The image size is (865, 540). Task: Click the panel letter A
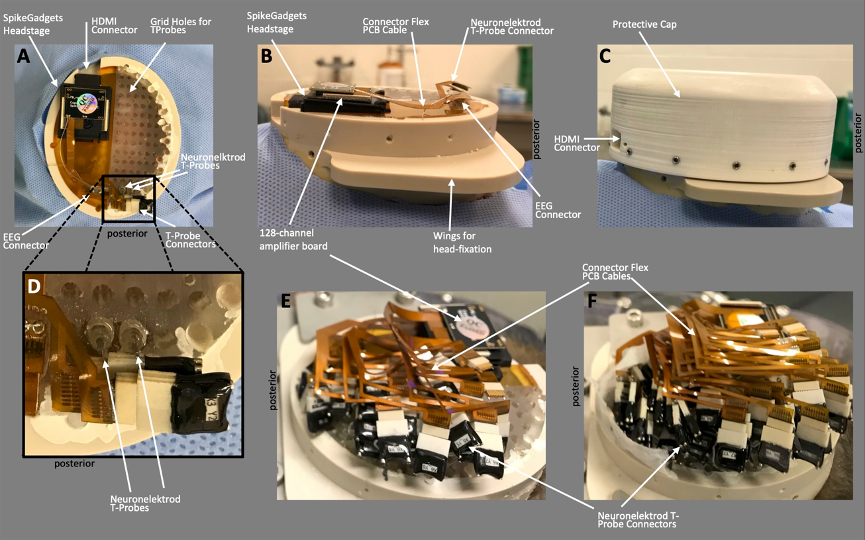23,56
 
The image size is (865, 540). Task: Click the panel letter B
266,56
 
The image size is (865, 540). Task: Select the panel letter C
605,56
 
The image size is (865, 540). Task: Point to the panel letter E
286,301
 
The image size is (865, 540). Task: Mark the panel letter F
593,301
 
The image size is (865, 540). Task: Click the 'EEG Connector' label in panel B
558,209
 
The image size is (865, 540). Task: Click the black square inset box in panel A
128,198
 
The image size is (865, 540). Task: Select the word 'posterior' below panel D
74,464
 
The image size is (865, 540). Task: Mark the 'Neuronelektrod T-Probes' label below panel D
146,504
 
